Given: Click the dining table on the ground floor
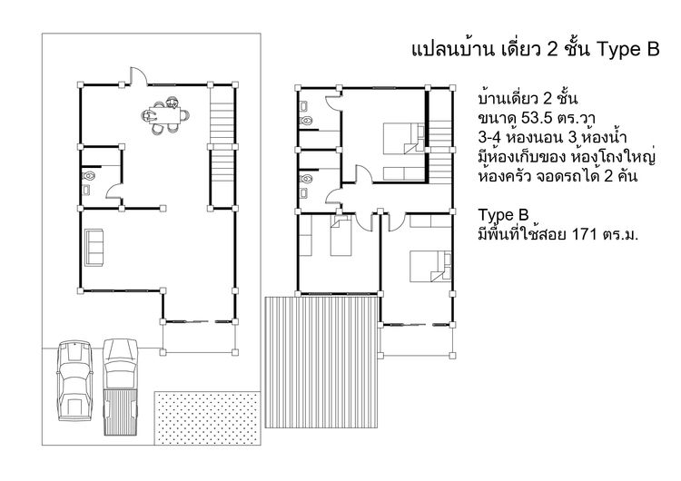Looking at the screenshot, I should [164, 115].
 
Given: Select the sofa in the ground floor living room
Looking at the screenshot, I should [95, 248].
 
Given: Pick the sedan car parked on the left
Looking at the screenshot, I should [72, 381].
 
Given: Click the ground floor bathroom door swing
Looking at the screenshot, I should [113, 191].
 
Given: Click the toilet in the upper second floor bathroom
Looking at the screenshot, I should [307, 119].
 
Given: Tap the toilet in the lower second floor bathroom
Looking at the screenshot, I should [307, 181].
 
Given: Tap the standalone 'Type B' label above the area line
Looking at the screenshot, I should [502, 215].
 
